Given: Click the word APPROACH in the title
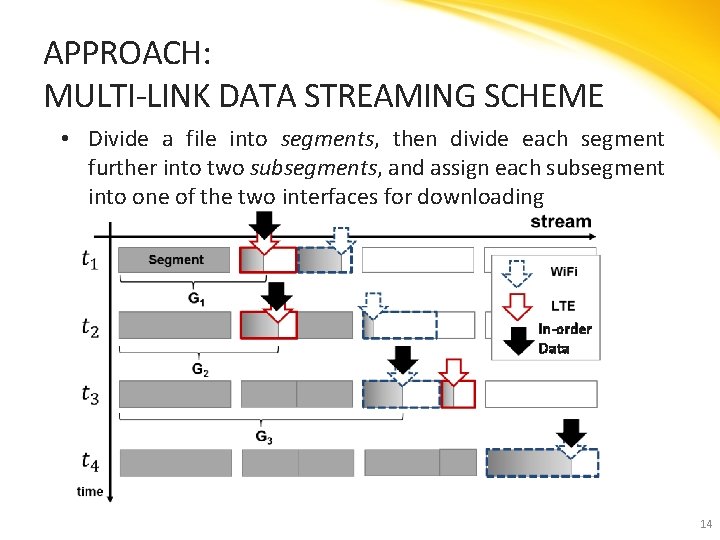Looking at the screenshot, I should coord(121,52).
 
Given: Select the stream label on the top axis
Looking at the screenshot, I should coord(560,222).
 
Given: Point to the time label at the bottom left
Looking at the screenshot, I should coord(90,491).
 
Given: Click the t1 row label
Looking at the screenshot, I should coord(90,260).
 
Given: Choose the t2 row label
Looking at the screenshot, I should coord(90,328).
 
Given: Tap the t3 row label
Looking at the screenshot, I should coord(90,395).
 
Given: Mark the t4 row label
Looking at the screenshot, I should coord(90,462).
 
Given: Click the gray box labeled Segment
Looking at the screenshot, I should coord(175,260).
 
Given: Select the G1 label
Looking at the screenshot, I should coord(196,298).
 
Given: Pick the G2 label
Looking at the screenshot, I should coord(200,370).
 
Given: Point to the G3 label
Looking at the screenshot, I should coord(264,437).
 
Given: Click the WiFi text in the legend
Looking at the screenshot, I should coord(564,272).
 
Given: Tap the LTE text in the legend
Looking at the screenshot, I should coord(563,306).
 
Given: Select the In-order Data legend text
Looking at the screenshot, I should coord(564,338).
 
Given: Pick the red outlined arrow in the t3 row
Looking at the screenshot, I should coord(455,371).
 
